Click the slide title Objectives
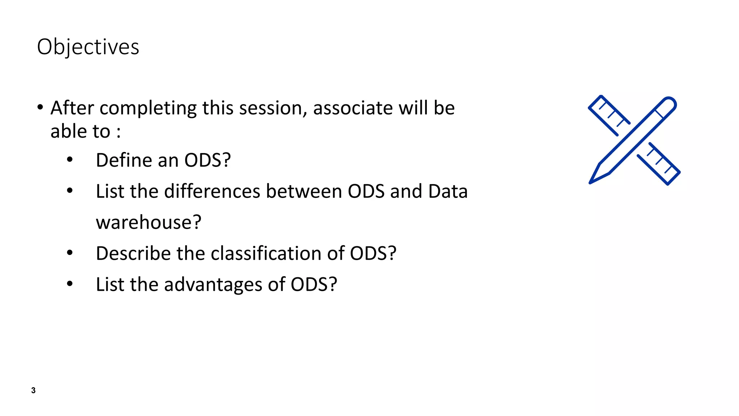click(x=88, y=47)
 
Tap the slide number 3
click(x=33, y=390)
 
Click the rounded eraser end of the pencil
click(x=670, y=103)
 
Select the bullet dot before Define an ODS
click(x=70, y=160)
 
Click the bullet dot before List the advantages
click(x=70, y=284)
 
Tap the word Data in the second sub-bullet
click(x=447, y=191)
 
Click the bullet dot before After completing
click(x=40, y=107)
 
